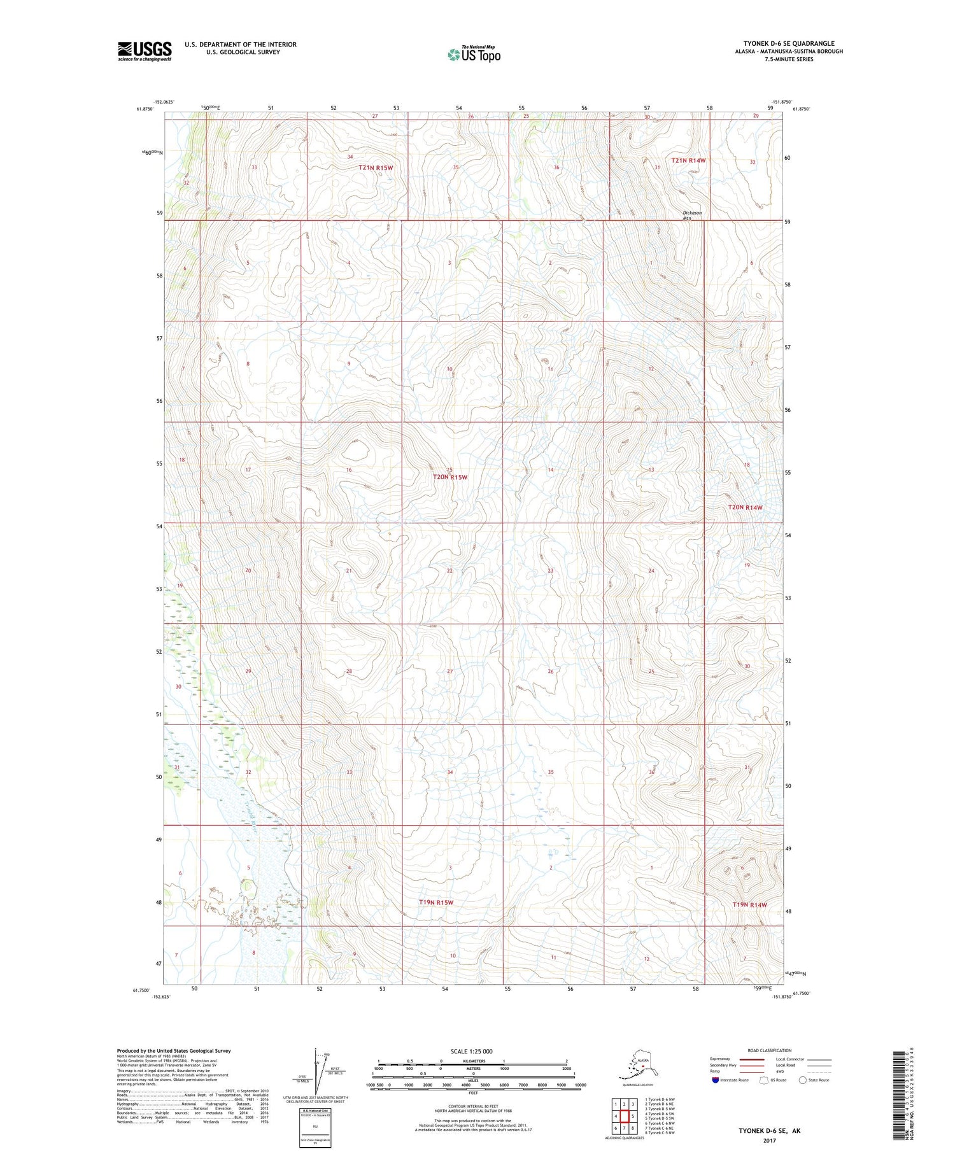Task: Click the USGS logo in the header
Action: pos(145,51)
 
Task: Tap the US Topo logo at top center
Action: pos(474,54)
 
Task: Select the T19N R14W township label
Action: pos(749,904)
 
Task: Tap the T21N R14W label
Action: pos(688,160)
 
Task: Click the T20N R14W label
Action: pos(745,507)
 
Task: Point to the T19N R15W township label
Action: pos(436,903)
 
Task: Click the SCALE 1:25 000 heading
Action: pos(472,1051)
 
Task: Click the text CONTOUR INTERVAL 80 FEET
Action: pos(472,1107)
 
